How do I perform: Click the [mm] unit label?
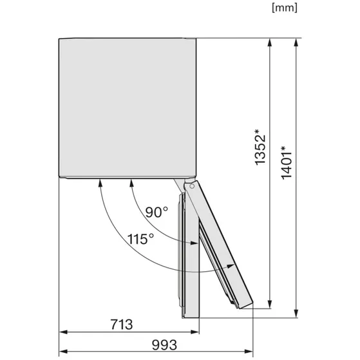(285, 8)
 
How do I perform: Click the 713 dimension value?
(122, 325)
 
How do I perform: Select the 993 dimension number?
(164, 345)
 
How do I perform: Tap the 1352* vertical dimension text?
(260, 147)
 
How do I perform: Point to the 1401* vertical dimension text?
(287, 162)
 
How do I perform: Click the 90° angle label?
(156, 212)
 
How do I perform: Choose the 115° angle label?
(140, 239)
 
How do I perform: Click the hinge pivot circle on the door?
(192, 186)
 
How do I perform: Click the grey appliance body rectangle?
(128, 108)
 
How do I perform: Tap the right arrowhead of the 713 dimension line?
(195, 332)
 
